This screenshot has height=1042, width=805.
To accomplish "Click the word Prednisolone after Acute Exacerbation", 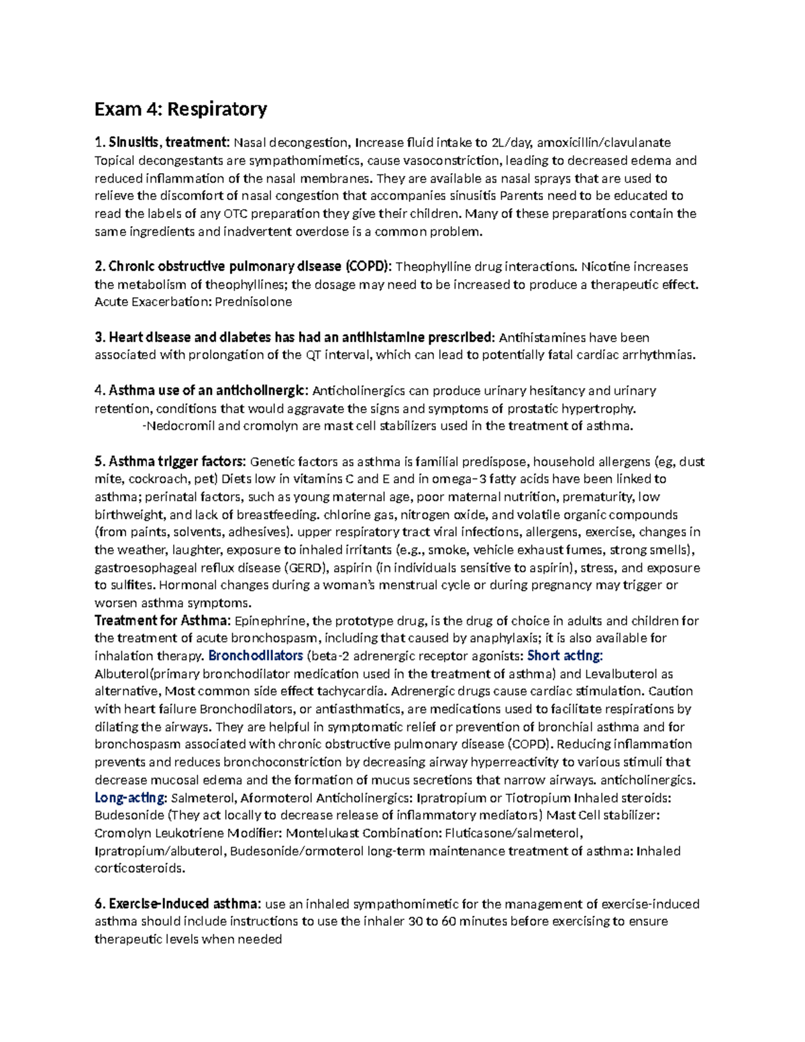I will point(253,302).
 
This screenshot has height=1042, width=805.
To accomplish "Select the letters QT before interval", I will point(313,355).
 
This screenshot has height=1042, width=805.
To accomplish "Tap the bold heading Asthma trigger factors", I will point(176,462).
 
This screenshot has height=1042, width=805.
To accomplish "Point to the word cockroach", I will point(156,479).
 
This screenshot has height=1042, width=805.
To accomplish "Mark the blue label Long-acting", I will point(129,798).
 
